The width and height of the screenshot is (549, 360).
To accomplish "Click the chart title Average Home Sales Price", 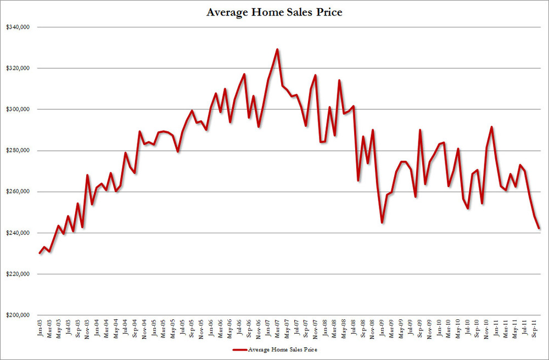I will click(x=274, y=12).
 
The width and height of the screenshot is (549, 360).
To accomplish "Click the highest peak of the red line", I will click(x=277, y=49).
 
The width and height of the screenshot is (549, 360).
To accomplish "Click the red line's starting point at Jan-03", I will click(x=40, y=253).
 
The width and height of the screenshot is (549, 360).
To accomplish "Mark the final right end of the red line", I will click(x=539, y=228).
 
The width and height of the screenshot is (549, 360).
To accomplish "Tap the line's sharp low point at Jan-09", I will click(x=382, y=222).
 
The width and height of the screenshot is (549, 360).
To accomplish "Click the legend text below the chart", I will click(x=283, y=349).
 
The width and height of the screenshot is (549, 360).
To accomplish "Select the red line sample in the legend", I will click(x=239, y=349).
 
